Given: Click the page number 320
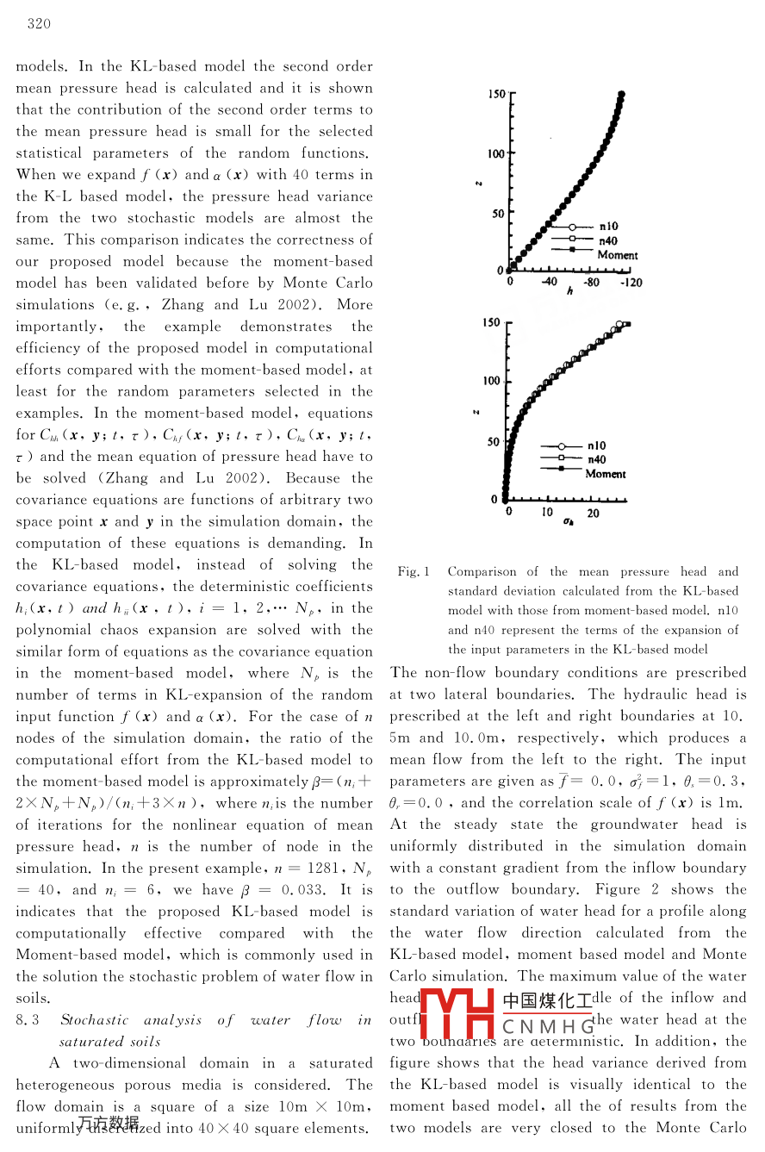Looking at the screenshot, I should [x=39, y=23].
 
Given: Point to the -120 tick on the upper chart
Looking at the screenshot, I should [x=631, y=282].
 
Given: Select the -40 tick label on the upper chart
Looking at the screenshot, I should [x=549, y=282].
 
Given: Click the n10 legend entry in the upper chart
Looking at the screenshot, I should [x=608, y=227].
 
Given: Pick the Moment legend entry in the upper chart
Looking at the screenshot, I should [x=618, y=255].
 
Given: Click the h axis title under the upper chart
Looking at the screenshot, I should [x=569, y=292].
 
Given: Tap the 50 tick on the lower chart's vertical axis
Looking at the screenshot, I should [x=494, y=442].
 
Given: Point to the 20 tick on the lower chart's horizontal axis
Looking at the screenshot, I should [x=594, y=513].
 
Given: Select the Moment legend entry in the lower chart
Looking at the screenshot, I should [x=606, y=473].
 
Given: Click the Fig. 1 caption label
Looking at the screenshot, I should [x=414, y=571].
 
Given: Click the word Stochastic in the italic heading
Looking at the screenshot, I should [x=94, y=1020].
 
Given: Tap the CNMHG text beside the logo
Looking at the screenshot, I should [x=548, y=1026].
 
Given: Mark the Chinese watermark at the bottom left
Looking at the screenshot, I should [x=108, y=1122].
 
